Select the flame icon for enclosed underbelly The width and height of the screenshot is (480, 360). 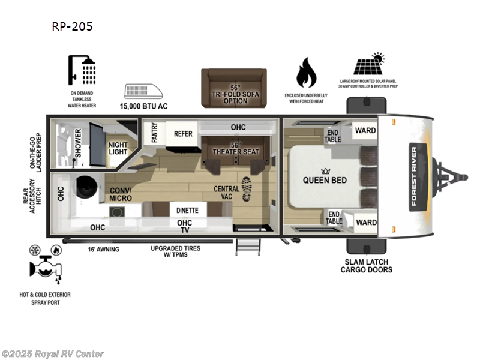307,73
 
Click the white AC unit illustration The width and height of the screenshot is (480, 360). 143,91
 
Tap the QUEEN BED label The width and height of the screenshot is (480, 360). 325,180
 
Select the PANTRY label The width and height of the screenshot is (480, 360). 155,133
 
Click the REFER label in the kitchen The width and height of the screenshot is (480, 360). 183,133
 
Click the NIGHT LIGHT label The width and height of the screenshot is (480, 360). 118,148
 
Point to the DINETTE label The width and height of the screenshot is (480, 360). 188,211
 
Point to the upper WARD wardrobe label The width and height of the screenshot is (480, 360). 365,130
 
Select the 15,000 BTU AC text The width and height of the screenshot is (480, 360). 144,107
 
